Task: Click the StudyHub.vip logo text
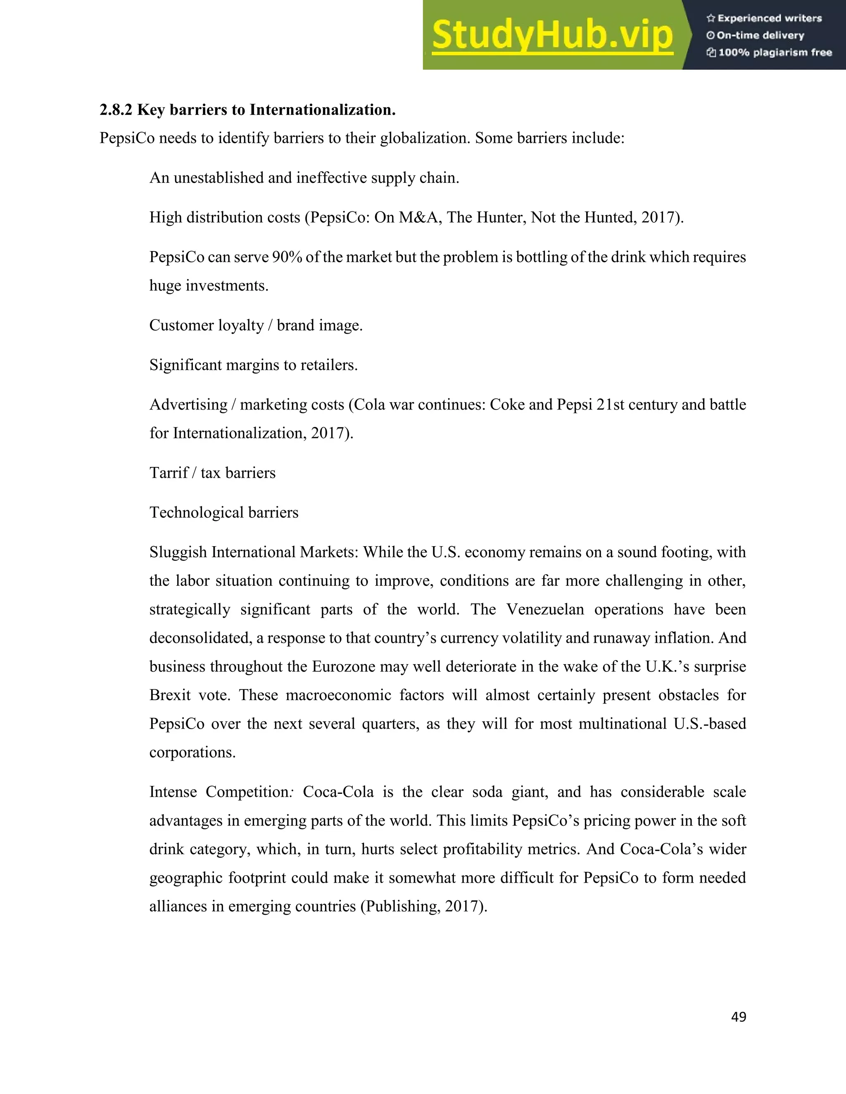(x=552, y=35)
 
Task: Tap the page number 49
(x=738, y=1016)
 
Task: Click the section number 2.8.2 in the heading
(x=116, y=110)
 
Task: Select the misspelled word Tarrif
(x=169, y=473)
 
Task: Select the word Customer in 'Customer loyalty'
(x=181, y=325)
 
